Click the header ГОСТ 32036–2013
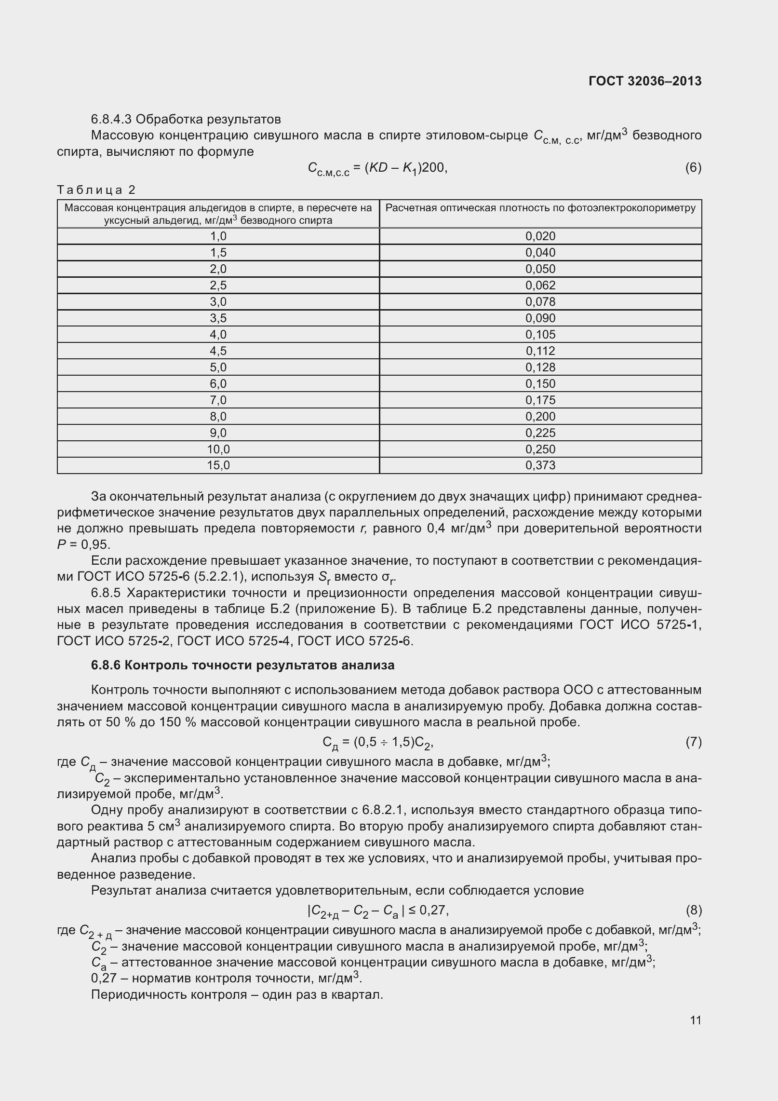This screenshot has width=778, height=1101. (x=645, y=81)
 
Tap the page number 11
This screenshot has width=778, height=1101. (x=695, y=1020)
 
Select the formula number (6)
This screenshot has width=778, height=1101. (x=693, y=167)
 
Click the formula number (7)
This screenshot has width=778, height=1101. (x=693, y=742)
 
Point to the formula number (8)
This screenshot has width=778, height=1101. (x=693, y=910)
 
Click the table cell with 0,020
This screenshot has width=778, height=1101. (x=540, y=236)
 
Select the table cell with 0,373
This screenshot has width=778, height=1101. (x=540, y=465)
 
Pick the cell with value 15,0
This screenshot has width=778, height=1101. (x=218, y=465)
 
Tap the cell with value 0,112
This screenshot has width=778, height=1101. (x=540, y=351)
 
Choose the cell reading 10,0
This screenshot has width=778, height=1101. (x=218, y=449)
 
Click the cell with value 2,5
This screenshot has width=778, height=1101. (x=218, y=285)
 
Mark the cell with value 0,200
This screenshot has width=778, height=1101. (x=540, y=416)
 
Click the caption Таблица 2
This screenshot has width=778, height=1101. (x=96, y=190)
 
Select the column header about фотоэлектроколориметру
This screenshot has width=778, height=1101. (x=540, y=208)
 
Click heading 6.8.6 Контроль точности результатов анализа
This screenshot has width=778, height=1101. (x=242, y=665)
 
